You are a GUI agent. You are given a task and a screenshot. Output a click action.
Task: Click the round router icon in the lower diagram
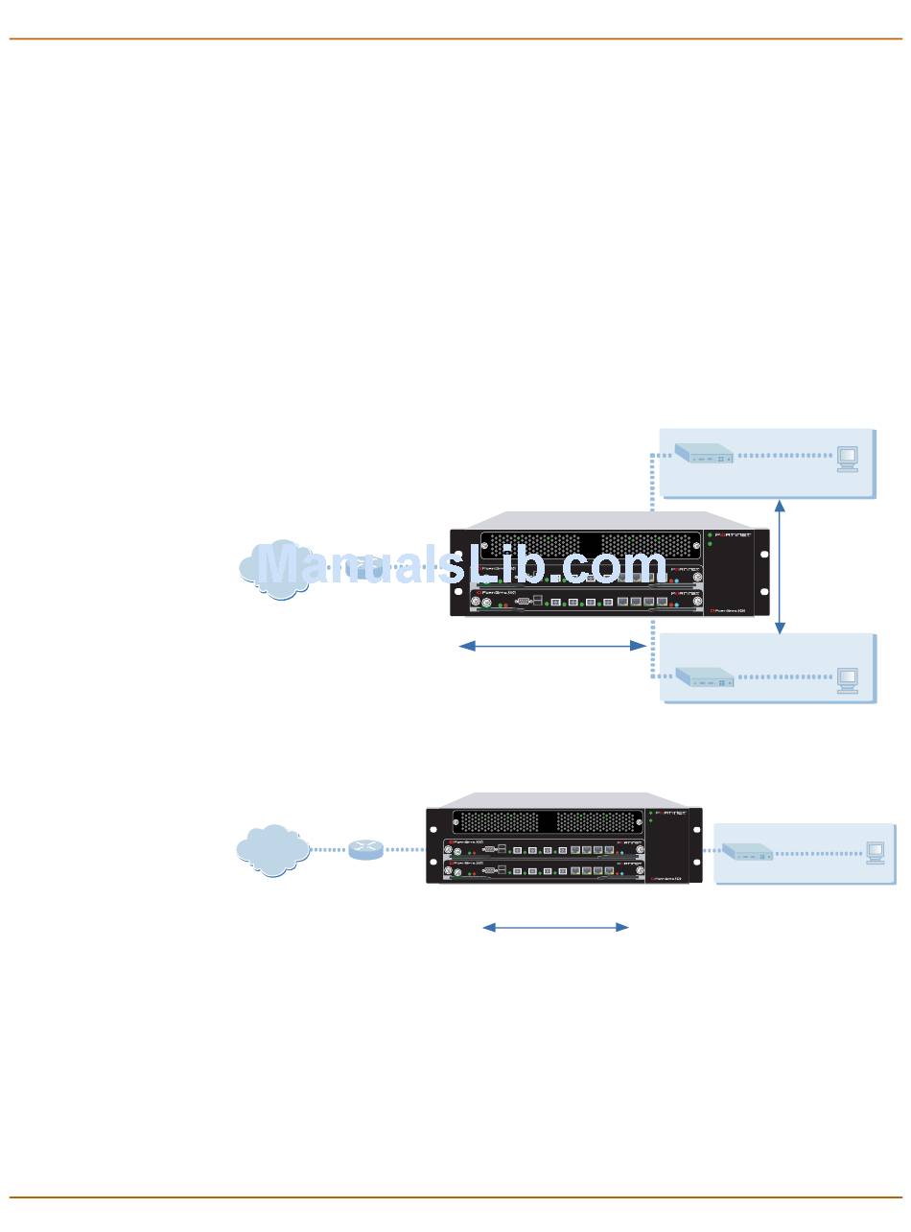pos(365,849)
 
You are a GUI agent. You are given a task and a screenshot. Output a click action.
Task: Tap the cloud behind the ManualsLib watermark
pos(278,570)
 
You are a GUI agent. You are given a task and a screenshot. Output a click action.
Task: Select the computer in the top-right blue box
pos(847,458)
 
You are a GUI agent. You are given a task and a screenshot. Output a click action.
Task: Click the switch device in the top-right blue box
pos(704,454)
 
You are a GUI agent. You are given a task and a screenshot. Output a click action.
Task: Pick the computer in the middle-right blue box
pos(847,679)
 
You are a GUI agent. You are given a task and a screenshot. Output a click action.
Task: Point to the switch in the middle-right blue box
pos(704,677)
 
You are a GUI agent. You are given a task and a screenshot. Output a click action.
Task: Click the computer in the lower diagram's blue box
pos(875,852)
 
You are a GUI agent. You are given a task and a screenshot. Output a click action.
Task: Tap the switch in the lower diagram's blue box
pos(747,851)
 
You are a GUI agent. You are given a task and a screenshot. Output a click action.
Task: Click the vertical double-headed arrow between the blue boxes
pos(780,566)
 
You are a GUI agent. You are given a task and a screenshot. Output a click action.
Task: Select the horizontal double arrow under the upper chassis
pos(552,646)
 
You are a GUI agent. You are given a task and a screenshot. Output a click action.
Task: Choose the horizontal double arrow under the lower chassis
pos(555,927)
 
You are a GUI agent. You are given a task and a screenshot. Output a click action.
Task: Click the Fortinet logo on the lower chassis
pos(668,814)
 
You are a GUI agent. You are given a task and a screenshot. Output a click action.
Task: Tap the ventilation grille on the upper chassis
pos(590,543)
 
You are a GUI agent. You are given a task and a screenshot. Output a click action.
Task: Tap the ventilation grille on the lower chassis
pos(547,822)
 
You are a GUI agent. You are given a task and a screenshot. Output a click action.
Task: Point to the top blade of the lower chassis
pos(544,849)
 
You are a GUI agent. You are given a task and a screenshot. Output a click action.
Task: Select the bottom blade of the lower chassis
pos(544,870)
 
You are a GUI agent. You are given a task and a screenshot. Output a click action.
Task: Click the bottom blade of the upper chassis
pos(585,602)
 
